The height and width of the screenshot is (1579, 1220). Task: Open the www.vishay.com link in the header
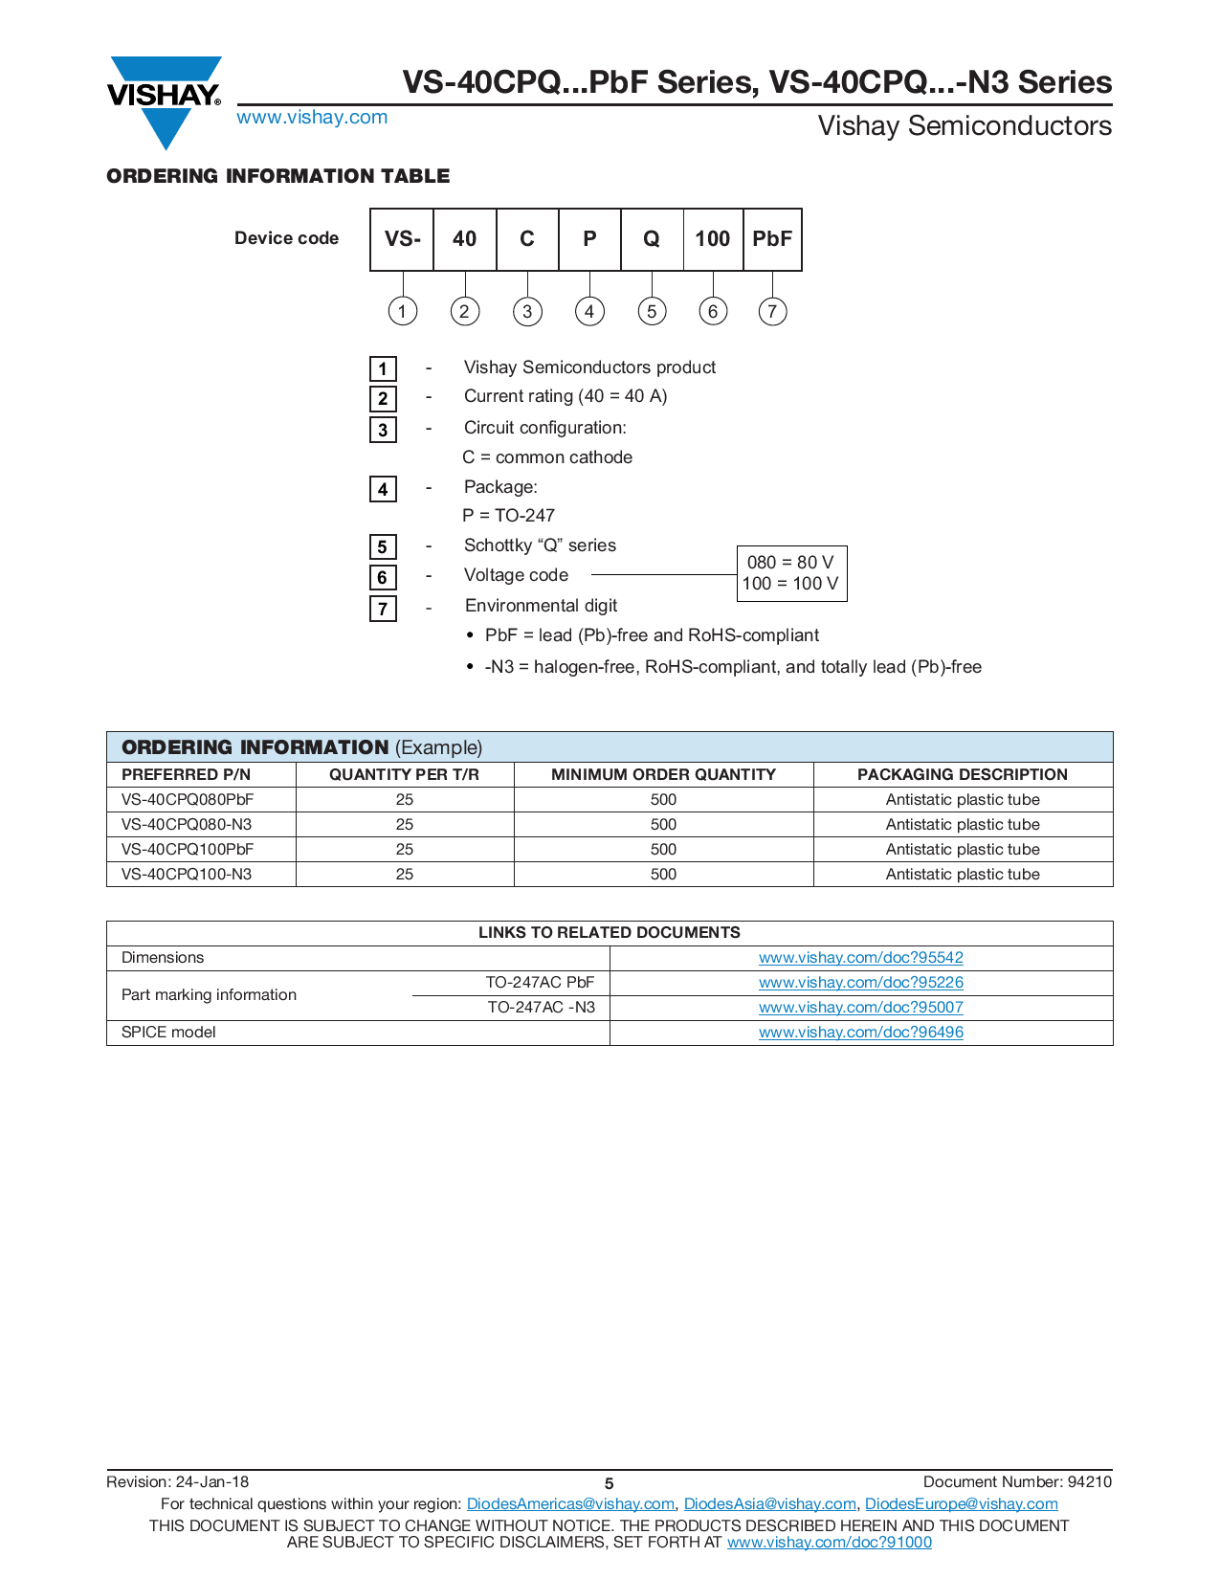[312, 117]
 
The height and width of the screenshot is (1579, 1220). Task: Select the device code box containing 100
[713, 239]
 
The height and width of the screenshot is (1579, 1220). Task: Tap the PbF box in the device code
[772, 239]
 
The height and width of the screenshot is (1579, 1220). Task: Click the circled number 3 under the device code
[527, 311]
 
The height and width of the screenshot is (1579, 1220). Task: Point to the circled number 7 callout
[772, 311]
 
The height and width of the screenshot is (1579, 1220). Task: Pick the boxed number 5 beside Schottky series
[383, 546]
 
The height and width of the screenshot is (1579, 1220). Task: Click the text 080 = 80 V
[790, 562]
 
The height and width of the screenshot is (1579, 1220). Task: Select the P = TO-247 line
[508, 515]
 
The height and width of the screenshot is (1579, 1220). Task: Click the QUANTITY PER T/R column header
[404, 774]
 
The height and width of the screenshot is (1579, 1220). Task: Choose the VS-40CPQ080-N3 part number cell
[187, 824]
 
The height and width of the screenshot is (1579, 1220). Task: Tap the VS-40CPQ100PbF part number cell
[188, 849]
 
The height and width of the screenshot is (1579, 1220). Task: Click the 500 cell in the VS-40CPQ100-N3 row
[663, 874]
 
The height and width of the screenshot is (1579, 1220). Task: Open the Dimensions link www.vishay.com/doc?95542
[861, 957]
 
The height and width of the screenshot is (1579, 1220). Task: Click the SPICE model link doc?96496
[861, 1032]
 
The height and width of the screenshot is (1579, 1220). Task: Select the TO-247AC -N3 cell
[541, 1007]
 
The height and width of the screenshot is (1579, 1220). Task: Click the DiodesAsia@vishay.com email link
[769, 1503]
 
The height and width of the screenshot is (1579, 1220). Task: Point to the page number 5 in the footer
[609, 1483]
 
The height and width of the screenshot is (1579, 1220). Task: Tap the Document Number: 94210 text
[1017, 1481]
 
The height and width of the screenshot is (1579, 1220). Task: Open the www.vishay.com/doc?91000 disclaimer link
[829, 1542]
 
